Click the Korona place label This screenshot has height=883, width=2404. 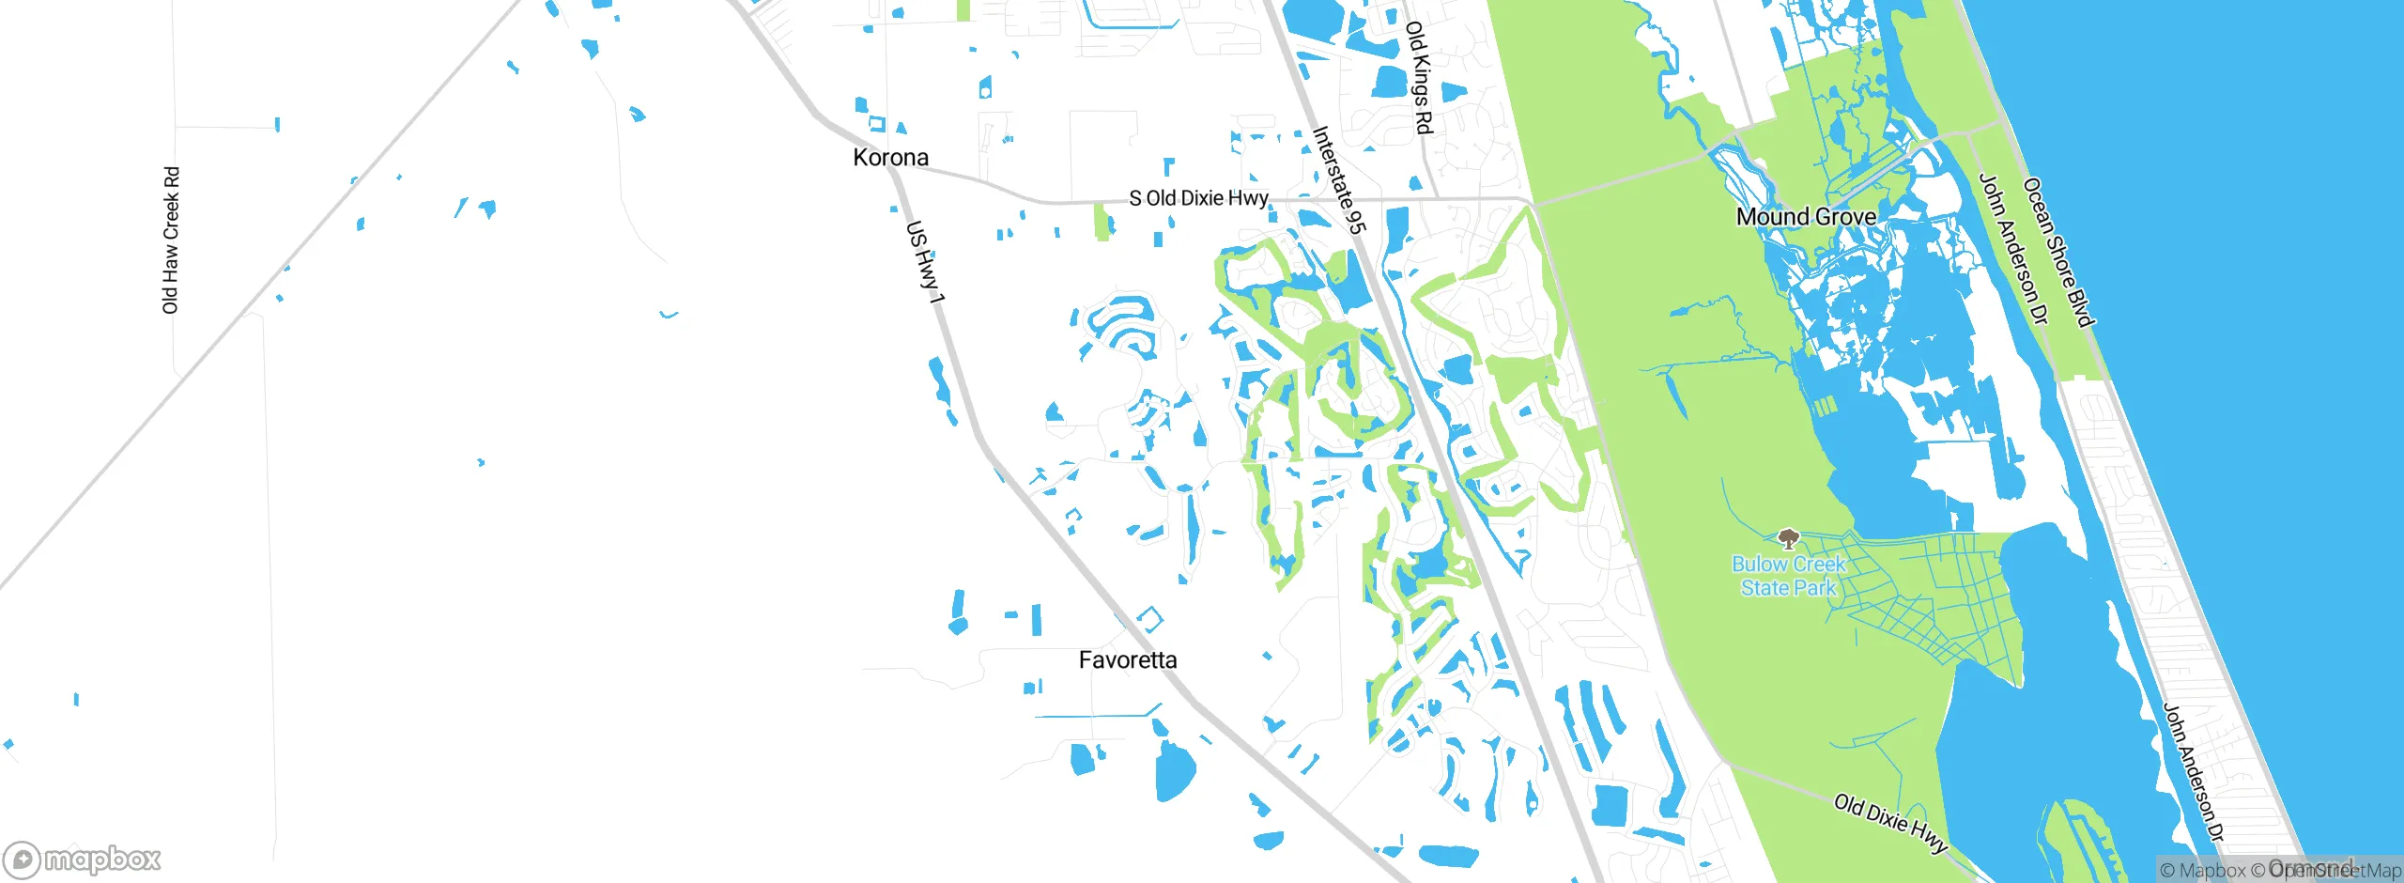click(x=890, y=157)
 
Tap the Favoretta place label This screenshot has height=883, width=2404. click(x=1127, y=659)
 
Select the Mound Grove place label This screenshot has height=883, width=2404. click(x=1806, y=216)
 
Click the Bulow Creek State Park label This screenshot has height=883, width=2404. click(x=1788, y=576)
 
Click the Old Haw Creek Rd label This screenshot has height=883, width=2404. click(x=171, y=240)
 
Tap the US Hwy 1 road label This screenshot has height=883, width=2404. click(x=925, y=261)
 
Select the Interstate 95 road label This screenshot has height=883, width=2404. click(x=1339, y=179)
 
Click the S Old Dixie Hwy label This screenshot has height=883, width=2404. click(x=1198, y=198)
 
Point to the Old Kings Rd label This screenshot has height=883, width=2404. click(x=1419, y=77)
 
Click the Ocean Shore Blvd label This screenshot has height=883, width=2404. click(x=2058, y=252)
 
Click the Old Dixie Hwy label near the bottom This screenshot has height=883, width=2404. click(x=1890, y=823)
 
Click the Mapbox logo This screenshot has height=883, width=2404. click(x=83, y=859)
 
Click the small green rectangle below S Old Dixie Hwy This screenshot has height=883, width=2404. click(x=1102, y=223)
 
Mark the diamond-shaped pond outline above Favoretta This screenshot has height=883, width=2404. click(x=1150, y=619)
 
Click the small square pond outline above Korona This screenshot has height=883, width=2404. click(x=877, y=123)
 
